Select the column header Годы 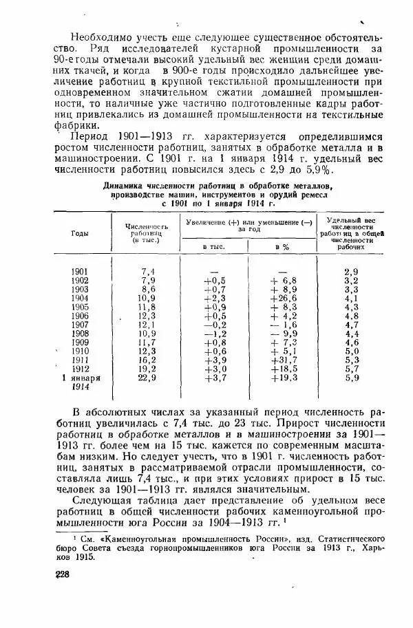tap(79, 233)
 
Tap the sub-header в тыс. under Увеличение tap(211, 246)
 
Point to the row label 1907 tap(80, 324)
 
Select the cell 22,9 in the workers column tap(147, 378)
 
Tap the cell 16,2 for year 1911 tap(147, 360)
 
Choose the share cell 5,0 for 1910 tap(352, 351)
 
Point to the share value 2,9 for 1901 tap(352, 272)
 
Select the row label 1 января tap(81, 378)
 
